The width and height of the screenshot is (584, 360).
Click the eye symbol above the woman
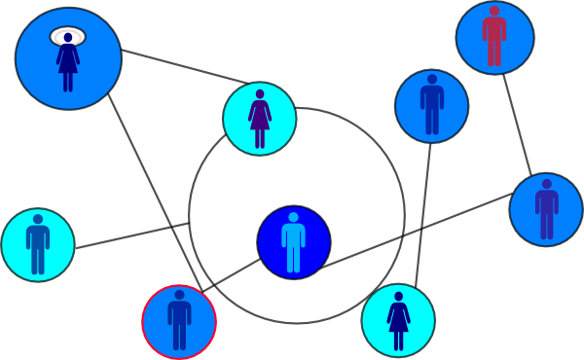[68, 37]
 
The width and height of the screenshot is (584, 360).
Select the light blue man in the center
[293, 243]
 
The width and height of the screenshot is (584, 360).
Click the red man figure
[494, 37]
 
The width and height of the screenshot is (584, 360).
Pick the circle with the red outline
[179, 321]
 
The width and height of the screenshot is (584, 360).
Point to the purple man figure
[546, 208]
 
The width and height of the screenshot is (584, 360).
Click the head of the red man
[494, 12]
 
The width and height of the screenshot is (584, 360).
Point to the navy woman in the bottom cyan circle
[398, 320]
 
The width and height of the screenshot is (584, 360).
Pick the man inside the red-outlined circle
[179, 321]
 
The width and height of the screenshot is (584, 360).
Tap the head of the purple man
[546, 183]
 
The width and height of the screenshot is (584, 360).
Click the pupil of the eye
[68, 37]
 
